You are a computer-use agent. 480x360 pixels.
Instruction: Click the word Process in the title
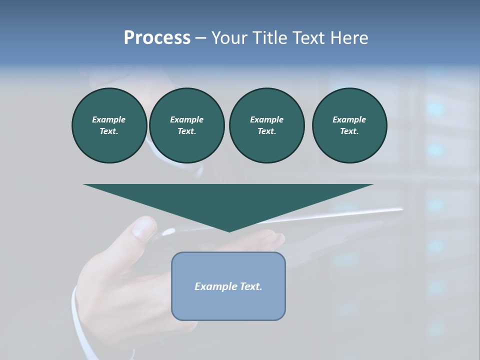(x=157, y=38)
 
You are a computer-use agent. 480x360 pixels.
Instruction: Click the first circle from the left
(x=109, y=125)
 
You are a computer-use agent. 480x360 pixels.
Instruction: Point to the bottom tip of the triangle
(x=229, y=231)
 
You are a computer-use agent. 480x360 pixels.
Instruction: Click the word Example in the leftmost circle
(x=109, y=119)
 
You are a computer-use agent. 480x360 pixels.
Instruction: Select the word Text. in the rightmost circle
(x=349, y=131)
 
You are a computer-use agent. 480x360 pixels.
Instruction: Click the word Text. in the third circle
(x=266, y=131)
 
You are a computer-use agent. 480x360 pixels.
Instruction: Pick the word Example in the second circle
(x=187, y=119)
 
